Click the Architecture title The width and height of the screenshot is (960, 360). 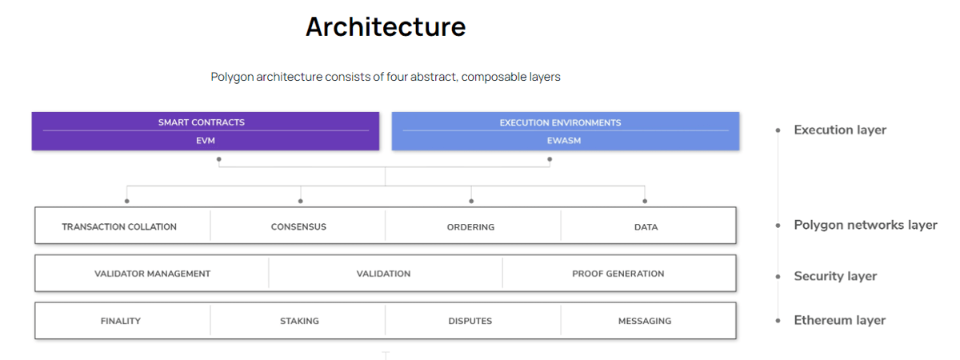pyautogui.click(x=386, y=27)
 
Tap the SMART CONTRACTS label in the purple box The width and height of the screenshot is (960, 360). pyautogui.click(x=202, y=122)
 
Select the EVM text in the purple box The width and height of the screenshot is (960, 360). pyautogui.click(x=206, y=141)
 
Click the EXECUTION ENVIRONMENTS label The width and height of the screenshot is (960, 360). pyautogui.click(x=560, y=122)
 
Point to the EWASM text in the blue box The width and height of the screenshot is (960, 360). pyautogui.click(x=564, y=141)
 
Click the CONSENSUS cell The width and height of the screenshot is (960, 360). pyautogui.click(x=298, y=226)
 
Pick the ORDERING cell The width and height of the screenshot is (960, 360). pyautogui.click(x=470, y=227)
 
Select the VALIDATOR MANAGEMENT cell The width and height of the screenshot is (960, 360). pyautogui.click(x=152, y=274)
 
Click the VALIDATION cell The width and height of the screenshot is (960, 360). pyautogui.click(x=383, y=274)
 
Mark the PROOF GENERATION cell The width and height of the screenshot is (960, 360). pyautogui.click(x=618, y=274)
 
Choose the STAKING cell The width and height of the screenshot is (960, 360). pyautogui.click(x=299, y=321)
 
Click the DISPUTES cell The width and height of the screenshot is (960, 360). pyautogui.click(x=470, y=321)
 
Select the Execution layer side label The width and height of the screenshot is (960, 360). pyautogui.click(x=840, y=130)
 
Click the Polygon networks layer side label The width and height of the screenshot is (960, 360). pyautogui.click(x=866, y=225)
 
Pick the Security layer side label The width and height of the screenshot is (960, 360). pyautogui.click(x=835, y=276)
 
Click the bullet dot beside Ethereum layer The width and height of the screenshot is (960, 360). pyautogui.click(x=778, y=321)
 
